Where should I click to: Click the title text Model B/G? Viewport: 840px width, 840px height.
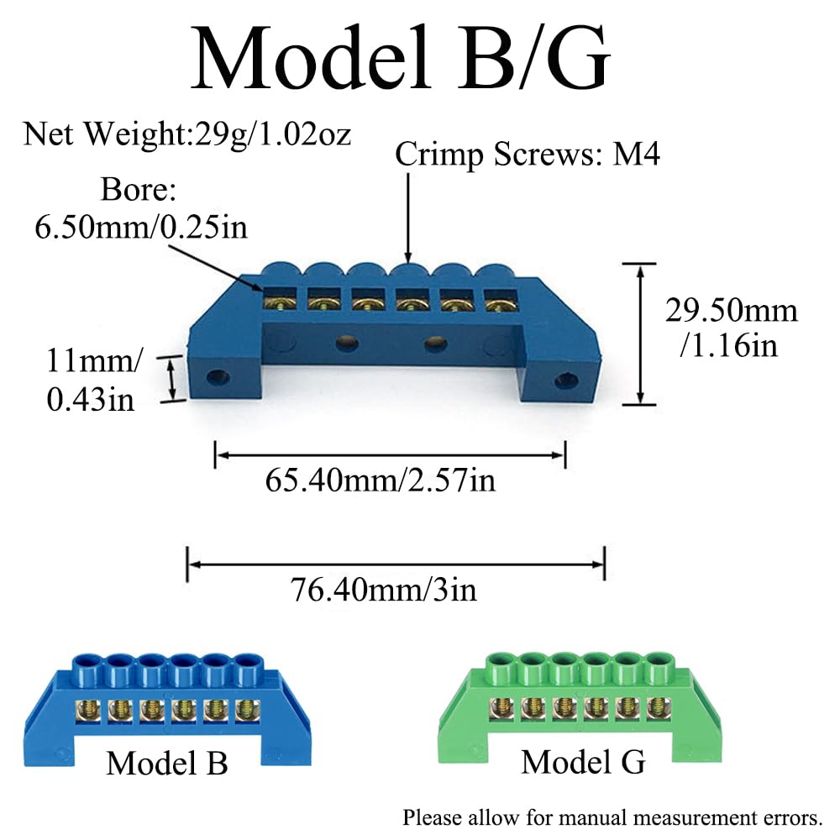pyautogui.click(x=401, y=58)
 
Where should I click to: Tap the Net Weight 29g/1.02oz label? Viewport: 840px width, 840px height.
pyautogui.click(x=187, y=134)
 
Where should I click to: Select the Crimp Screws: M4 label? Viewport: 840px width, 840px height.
pyautogui.click(x=528, y=155)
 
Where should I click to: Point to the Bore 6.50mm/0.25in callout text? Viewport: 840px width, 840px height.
pyautogui.click(x=141, y=209)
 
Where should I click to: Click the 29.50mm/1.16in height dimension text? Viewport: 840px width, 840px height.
pyautogui.click(x=732, y=328)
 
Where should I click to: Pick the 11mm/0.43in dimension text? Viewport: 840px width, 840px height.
pyautogui.click(x=94, y=380)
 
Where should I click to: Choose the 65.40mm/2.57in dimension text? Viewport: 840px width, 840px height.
pyautogui.click(x=381, y=480)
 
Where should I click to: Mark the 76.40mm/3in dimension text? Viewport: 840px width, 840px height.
pyautogui.click(x=384, y=591)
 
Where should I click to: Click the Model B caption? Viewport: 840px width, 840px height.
pyautogui.click(x=167, y=763)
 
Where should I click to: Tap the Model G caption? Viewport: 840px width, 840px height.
pyautogui.click(x=584, y=762)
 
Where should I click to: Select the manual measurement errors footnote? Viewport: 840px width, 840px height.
pyautogui.click(x=612, y=818)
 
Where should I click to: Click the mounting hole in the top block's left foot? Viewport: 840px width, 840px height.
pyautogui.click(x=218, y=378)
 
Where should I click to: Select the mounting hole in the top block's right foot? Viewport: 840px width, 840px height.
pyautogui.click(x=566, y=381)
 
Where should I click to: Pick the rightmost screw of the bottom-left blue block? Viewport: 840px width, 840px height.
pyautogui.click(x=246, y=711)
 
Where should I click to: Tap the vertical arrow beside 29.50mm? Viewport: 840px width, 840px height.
pyautogui.click(x=639, y=334)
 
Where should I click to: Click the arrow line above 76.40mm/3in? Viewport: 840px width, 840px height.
pyautogui.click(x=396, y=564)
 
